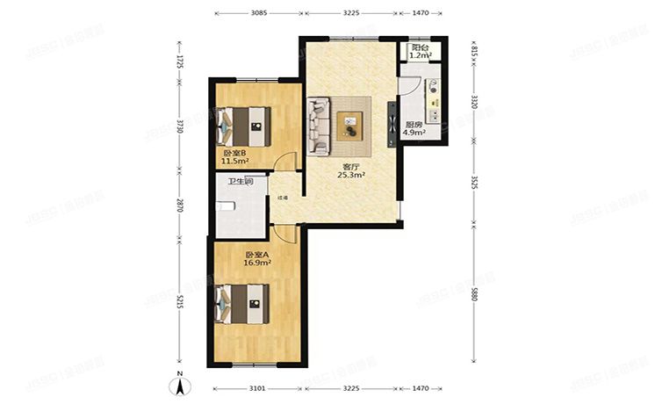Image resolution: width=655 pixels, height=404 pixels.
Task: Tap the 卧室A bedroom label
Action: pyautogui.click(x=256, y=254)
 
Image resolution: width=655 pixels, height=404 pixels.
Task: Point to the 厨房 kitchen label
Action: pyautogui.click(x=413, y=125)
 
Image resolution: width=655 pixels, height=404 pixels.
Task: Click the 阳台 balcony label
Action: pyautogui.click(x=421, y=47)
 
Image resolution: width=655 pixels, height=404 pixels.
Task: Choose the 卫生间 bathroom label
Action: pyautogui.click(x=241, y=182)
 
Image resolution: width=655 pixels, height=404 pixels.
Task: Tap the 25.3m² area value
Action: pyautogui.click(x=351, y=175)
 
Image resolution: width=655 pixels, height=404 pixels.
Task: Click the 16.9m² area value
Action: pyautogui.click(x=257, y=262)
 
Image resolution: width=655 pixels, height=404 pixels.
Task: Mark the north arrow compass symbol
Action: pyautogui.click(x=179, y=385)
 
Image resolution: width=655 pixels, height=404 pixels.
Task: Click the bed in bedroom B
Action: pyautogui.click(x=244, y=126)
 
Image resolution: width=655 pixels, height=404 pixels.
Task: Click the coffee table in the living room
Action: pyautogui.click(x=349, y=126)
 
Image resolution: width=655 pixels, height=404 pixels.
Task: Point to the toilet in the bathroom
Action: pyautogui.click(x=225, y=206)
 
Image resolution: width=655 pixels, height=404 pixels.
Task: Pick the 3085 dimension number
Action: pyautogui.click(x=258, y=14)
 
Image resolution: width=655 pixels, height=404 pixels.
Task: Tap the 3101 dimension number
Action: pyautogui.click(x=256, y=387)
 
